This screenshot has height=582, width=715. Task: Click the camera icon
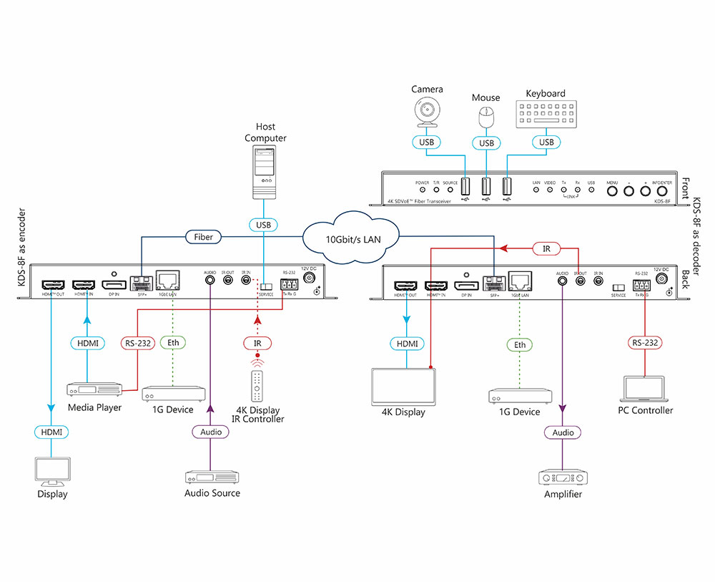click(428, 112)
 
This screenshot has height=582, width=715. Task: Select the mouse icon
click(486, 117)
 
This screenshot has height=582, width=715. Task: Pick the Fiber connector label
click(204, 236)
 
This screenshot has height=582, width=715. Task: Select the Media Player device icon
click(94, 389)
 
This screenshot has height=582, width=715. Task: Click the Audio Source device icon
click(212, 477)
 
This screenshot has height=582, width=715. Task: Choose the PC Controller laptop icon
click(645, 389)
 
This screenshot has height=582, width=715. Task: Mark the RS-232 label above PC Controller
click(646, 342)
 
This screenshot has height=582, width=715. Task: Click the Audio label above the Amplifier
click(563, 432)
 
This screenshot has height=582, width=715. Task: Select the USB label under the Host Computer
click(264, 225)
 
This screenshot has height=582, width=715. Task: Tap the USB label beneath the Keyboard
click(547, 142)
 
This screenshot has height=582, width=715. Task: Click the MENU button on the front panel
click(612, 191)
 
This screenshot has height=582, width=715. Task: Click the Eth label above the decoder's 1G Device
click(520, 344)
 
